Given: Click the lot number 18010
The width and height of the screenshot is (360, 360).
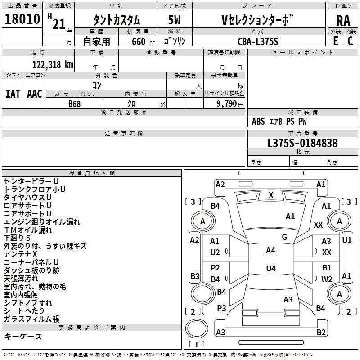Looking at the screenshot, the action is pyautogui.click(x=22, y=19).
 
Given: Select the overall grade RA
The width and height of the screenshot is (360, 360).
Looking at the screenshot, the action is pyautogui.click(x=343, y=21).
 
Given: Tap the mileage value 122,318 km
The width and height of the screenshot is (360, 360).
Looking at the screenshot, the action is pyautogui.click(x=53, y=65).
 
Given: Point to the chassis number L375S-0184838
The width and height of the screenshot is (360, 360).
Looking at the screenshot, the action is pyautogui.click(x=302, y=143).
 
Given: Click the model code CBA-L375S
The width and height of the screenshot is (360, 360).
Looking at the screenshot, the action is pyautogui.click(x=258, y=41).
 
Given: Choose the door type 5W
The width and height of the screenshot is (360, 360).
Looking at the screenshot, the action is pyautogui.click(x=174, y=20).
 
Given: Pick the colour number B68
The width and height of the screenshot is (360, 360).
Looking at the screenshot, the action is pyautogui.click(x=75, y=104).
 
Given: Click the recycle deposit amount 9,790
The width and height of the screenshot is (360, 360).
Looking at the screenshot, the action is pyautogui.click(x=227, y=104).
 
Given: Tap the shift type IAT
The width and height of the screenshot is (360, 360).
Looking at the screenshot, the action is pyautogui.click(x=13, y=94).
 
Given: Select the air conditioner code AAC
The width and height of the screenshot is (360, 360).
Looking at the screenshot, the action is pyautogui.click(x=35, y=94).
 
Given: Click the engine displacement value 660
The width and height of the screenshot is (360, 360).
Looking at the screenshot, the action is pyautogui.click(x=139, y=41).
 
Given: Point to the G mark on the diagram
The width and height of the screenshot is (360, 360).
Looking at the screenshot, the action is pyautogui.click(x=284, y=237).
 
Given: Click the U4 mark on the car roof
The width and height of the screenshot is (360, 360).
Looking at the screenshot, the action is pyautogui.click(x=271, y=268).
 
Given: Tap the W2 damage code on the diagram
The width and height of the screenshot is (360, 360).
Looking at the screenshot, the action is pyautogui.click(x=327, y=279).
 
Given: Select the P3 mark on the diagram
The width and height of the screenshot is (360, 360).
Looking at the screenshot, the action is pyautogui.click(x=221, y=308).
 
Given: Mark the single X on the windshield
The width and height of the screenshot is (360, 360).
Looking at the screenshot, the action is pyautogui.click(x=271, y=195).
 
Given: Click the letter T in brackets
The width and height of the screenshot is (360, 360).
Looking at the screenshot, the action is pyautogui.click(x=197, y=344).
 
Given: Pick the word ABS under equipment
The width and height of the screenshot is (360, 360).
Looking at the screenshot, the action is pyautogui.click(x=258, y=121).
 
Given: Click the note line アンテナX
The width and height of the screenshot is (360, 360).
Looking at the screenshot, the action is pyautogui.click(x=20, y=254).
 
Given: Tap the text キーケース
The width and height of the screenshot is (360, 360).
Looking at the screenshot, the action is pyautogui.click(x=23, y=337).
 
